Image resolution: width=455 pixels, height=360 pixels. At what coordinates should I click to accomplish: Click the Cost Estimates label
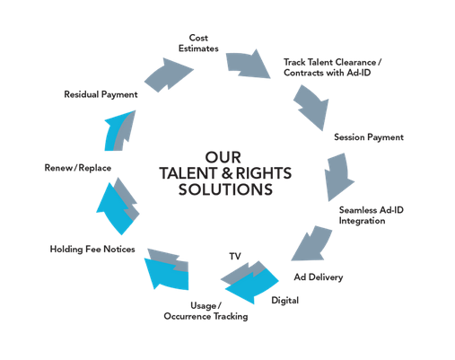coord(198,43)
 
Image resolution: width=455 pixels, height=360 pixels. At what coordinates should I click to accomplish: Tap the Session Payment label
coord(369,137)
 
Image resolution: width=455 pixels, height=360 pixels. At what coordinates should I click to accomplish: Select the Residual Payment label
coord(101,94)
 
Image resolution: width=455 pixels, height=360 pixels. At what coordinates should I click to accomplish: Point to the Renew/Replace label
coord(78,168)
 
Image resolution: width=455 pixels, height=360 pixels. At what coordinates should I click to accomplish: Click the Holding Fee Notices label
coord(92,249)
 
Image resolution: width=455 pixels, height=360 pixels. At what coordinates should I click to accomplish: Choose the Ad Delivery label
coord(319,277)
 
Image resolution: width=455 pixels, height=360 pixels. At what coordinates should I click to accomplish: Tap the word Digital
coord(284,301)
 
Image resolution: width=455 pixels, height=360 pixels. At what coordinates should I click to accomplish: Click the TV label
coord(235,256)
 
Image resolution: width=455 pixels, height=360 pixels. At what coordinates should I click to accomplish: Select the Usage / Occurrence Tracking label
coord(206,311)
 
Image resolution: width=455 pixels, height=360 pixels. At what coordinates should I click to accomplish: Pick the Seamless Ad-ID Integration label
coord(371,215)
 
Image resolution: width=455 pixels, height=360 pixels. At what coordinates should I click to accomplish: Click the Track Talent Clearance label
coord(332,67)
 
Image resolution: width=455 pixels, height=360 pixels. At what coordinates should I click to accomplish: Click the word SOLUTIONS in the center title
coord(225,189)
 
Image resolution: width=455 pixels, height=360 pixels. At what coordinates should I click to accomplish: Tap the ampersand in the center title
coord(227,173)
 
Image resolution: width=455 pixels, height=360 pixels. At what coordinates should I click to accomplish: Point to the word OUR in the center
coord(223,157)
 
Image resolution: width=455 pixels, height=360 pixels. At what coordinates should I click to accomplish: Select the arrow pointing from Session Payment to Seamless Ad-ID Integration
coord(338,177)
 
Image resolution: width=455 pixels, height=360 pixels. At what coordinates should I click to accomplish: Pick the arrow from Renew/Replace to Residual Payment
coord(119,132)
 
